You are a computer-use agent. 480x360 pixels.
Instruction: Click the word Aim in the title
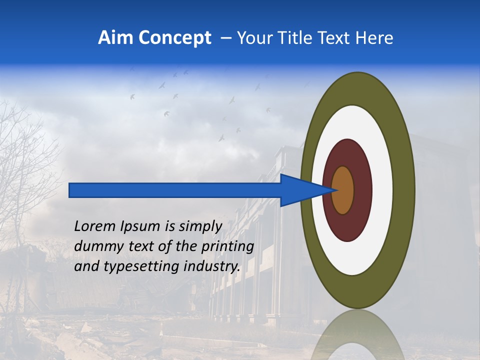tap(115, 38)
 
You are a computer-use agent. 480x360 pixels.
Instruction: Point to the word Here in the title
tap(374, 38)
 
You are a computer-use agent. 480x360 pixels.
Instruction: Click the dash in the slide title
tap(225, 38)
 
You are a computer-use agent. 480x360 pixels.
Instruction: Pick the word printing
tap(227, 246)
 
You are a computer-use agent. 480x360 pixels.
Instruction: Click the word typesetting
tap(135, 266)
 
